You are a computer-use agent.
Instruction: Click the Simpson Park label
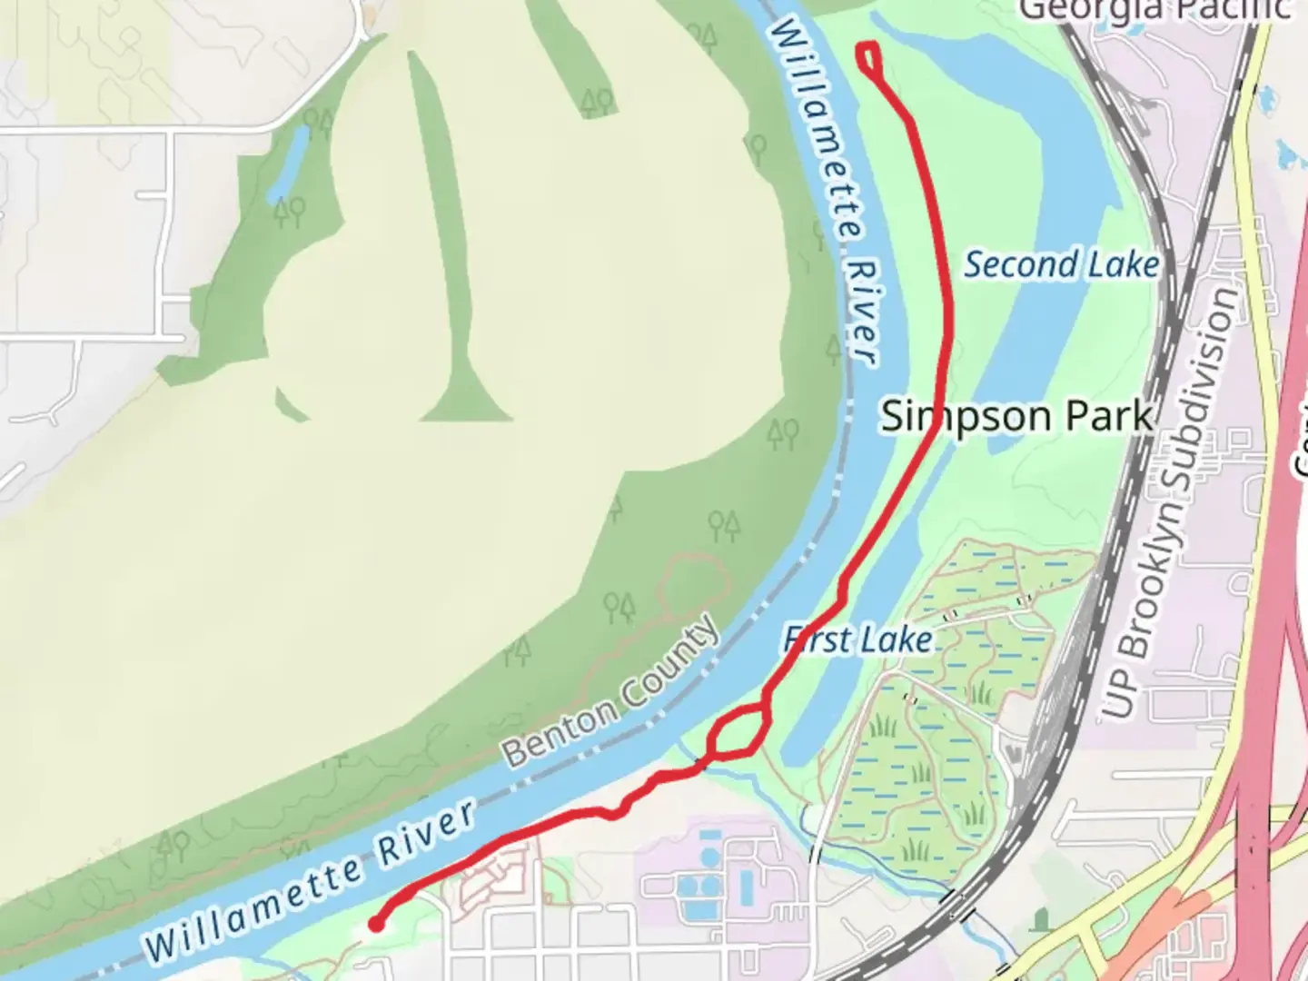pos(1017,417)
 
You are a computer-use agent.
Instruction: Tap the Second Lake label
pos(1061,265)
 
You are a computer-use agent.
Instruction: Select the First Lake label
pos(858,639)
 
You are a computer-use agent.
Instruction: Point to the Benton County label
pos(610,693)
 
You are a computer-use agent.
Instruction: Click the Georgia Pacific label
pos(1154,9)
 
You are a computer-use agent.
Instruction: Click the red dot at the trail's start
pos(374,925)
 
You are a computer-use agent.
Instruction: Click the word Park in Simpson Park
pos(1108,417)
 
